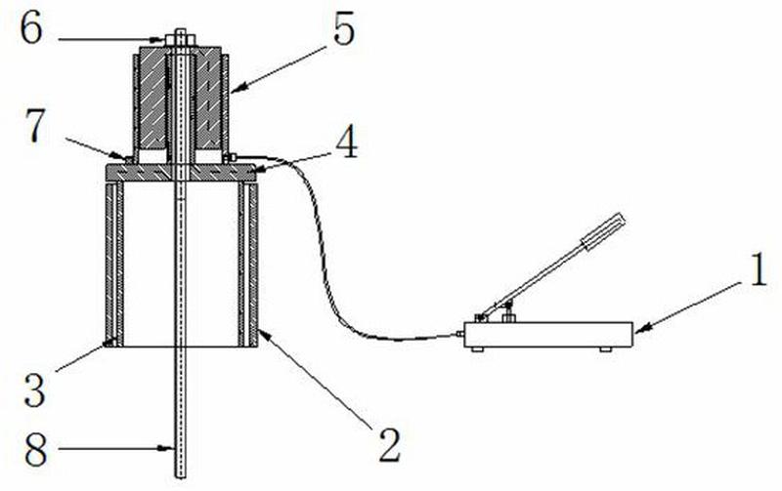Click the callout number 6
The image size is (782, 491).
31,29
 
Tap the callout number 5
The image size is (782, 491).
344,30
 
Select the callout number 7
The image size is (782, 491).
35,127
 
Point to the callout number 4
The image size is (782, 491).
346,141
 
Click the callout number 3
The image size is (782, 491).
35,390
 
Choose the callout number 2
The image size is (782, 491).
389,445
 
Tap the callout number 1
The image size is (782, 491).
759,269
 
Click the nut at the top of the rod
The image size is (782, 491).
180,39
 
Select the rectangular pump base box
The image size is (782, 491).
548,335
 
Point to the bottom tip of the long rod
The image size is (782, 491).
181,477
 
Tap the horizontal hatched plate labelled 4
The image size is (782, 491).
181,173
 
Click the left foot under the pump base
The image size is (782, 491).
477,349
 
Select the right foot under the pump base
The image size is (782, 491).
605,349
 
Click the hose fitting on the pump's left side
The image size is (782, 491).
460,334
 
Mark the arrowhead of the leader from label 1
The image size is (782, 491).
640,328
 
